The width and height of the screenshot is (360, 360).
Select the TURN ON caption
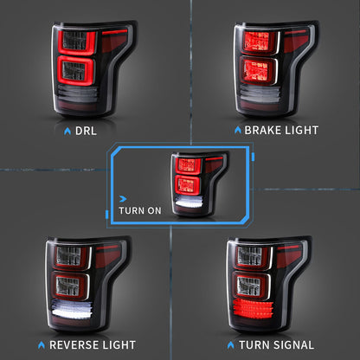(x=138, y=209)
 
